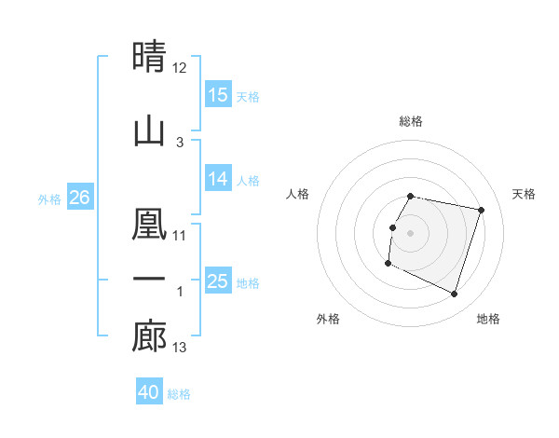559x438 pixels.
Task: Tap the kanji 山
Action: [x=149, y=131]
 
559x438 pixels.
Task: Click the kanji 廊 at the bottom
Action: [x=149, y=336]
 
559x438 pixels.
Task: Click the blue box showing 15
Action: [x=218, y=95]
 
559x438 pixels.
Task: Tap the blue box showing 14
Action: [x=218, y=180]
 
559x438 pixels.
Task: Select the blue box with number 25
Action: [x=218, y=281]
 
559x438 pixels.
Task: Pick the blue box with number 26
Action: [x=80, y=198]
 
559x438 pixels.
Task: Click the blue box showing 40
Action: [x=149, y=392]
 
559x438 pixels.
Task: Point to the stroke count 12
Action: [x=180, y=67]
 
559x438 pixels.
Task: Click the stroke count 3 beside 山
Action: [x=180, y=142]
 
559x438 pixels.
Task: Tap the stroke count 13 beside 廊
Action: [x=180, y=348]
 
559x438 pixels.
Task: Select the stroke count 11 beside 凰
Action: [x=180, y=235]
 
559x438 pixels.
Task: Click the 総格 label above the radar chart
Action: [x=411, y=121]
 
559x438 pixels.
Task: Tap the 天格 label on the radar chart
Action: [x=524, y=194]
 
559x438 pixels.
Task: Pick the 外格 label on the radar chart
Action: [x=328, y=319]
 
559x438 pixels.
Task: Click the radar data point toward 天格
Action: [x=481, y=210]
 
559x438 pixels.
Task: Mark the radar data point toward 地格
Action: [x=454, y=294]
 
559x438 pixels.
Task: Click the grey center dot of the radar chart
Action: [x=411, y=233]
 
